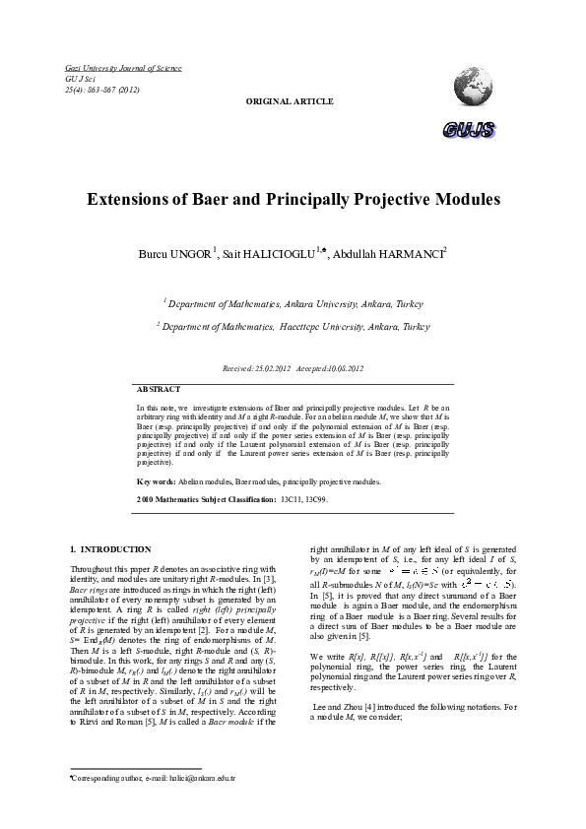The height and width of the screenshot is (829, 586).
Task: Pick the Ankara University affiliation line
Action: point(292,304)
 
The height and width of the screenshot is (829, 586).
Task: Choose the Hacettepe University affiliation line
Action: point(293,325)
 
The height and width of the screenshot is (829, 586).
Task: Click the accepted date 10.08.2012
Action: point(339,367)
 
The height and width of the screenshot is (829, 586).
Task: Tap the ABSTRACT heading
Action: point(158,389)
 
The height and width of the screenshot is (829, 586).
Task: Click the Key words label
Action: point(157,481)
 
